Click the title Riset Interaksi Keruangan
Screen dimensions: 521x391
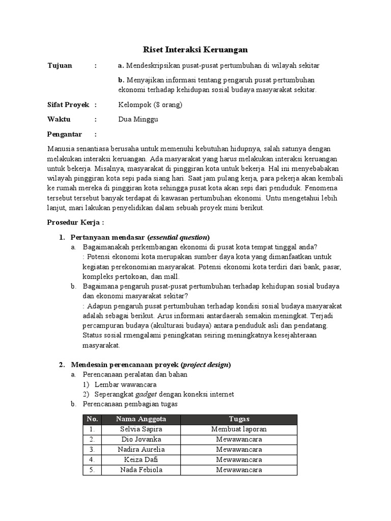click(x=194, y=49)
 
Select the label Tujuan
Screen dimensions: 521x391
click(x=60, y=66)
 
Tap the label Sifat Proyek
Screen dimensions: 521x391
click(x=68, y=105)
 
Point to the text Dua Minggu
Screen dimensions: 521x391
click(x=138, y=120)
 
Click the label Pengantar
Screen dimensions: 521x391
click(x=64, y=134)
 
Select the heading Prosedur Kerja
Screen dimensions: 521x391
click(x=75, y=222)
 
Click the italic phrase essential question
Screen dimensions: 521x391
click(x=178, y=237)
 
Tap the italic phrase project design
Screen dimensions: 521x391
click(x=205, y=364)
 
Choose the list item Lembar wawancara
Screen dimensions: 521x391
click(x=126, y=384)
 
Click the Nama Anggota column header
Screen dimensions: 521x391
click(x=141, y=419)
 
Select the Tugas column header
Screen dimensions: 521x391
click(x=239, y=419)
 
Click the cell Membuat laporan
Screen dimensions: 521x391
click(x=239, y=429)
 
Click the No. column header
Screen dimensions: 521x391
click(x=92, y=419)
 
